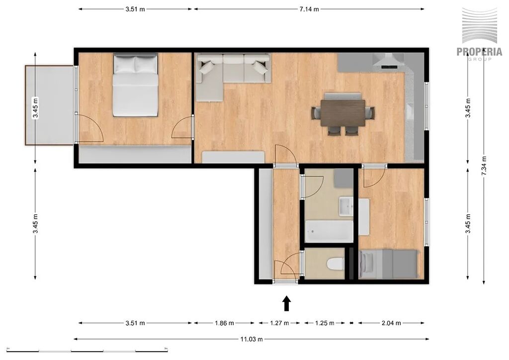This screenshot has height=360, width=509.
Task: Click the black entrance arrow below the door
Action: coord(286,303)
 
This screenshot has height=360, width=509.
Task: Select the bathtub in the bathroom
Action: coord(329,231)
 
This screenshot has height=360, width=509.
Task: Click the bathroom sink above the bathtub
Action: coord(346,206)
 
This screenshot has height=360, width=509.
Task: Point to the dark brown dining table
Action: coord(343,113)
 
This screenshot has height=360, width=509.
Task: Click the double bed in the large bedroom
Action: coord(135,85)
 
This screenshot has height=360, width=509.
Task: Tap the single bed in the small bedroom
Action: coord(388,264)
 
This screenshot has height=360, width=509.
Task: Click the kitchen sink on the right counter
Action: coord(411,112)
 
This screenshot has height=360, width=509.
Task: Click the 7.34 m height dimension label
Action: coord(484,166)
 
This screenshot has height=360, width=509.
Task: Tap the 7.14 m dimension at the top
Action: coord(309,9)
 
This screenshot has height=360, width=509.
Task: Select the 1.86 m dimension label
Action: coord(224,323)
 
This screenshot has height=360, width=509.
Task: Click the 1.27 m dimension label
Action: coord(279,323)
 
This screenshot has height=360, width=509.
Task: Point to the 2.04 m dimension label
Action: coord(391,323)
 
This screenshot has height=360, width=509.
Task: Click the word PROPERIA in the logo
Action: coord(479,52)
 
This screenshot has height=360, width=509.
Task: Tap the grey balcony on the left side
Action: coord(50,105)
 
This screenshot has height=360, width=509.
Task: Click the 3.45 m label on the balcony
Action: coord(35,107)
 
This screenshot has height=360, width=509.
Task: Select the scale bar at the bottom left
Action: coord(87,351)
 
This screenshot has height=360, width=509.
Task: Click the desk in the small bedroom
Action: coord(364,217)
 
